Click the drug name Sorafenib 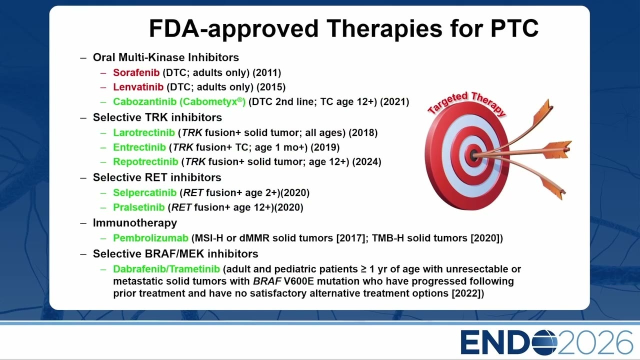click(x=136, y=72)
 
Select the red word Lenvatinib click(x=138, y=87)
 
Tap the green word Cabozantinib click(x=145, y=101)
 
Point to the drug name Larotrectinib click(x=144, y=132)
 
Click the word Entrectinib click(x=139, y=147)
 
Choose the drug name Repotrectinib click(x=145, y=161)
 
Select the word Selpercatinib click(x=145, y=192)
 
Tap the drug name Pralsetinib click(x=139, y=207)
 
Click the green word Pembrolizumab click(x=151, y=238)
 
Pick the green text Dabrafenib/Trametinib click(x=166, y=269)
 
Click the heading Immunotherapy click(x=135, y=223)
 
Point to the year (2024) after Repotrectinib click(x=367, y=161)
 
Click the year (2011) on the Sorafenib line click(x=267, y=72)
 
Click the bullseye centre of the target click(x=473, y=155)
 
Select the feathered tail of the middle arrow click(x=556, y=149)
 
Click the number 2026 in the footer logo click(x=594, y=342)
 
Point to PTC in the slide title click(x=514, y=28)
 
